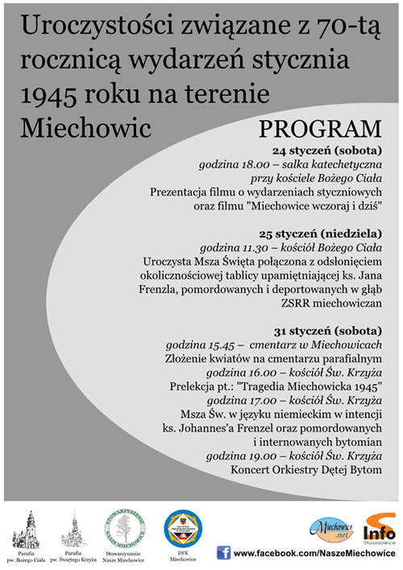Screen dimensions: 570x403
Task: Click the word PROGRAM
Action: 320,129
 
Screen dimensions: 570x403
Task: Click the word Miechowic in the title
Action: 75,127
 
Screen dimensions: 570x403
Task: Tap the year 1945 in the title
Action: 53,95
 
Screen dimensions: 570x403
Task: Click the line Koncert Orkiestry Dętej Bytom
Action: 305,469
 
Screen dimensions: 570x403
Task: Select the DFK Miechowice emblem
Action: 184,525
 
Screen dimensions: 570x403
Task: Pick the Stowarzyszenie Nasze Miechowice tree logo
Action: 124,525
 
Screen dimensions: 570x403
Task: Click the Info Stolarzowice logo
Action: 378,528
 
